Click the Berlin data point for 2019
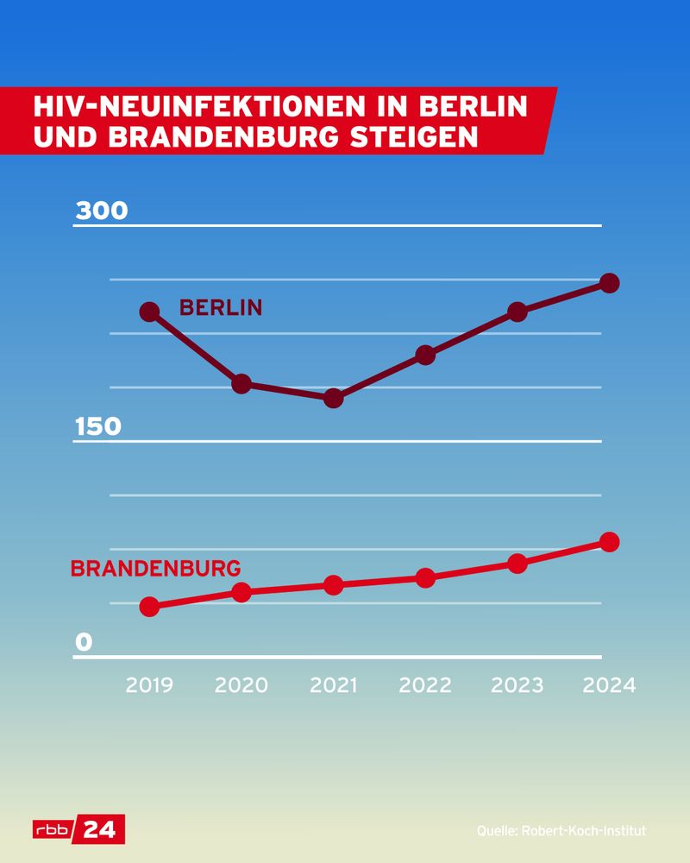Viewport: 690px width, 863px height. tap(149, 312)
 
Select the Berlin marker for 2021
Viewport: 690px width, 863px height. tap(334, 398)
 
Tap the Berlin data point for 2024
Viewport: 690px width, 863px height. tap(609, 283)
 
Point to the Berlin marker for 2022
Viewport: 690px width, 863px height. tap(425, 355)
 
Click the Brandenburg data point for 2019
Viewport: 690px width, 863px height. tap(149, 607)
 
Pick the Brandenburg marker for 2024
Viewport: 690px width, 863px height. tap(609, 542)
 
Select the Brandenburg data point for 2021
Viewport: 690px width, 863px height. tap(334, 585)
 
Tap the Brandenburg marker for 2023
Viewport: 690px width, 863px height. tap(517, 564)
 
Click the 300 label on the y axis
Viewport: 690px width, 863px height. tap(101, 211)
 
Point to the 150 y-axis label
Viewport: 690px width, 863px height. tap(99, 427)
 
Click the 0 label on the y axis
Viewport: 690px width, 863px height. tap(83, 643)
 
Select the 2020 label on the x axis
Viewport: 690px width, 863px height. tap(241, 685)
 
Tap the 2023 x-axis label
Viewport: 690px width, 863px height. tap(517, 685)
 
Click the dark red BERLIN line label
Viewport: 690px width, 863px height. tap(220, 308)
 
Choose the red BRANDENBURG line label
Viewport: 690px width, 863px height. tap(155, 570)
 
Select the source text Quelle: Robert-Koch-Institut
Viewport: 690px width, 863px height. tap(561, 831)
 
